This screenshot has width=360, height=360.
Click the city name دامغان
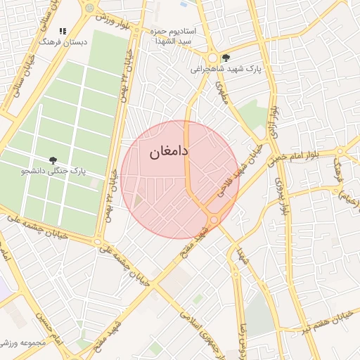pyautogui.click(x=167, y=151)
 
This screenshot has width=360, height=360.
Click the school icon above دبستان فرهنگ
pyautogui.click(x=63, y=32)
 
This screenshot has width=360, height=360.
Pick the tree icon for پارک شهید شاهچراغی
pyautogui.click(x=225, y=58)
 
